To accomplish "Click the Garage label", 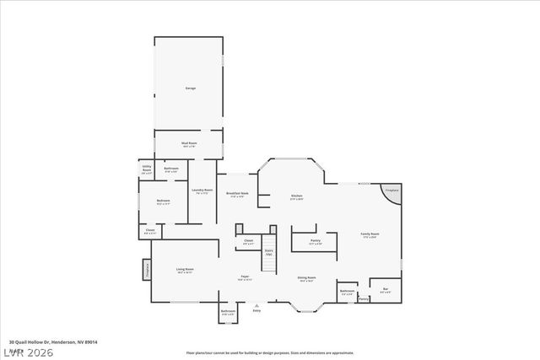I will point(190,88).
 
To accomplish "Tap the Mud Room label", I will point(189,143).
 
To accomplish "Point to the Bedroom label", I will point(164,201).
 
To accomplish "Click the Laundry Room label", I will point(202,191).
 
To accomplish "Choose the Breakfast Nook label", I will point(237,194).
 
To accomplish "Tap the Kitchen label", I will point(296,196).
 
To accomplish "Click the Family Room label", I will point(370,234).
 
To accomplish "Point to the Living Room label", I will point(185,270).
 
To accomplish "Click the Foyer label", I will point(245,277).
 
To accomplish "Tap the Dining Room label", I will point(306,277).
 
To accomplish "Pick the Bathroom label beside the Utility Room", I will point(170,169).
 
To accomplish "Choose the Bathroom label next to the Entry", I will point(228,312).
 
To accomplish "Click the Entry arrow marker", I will point(256,306).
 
